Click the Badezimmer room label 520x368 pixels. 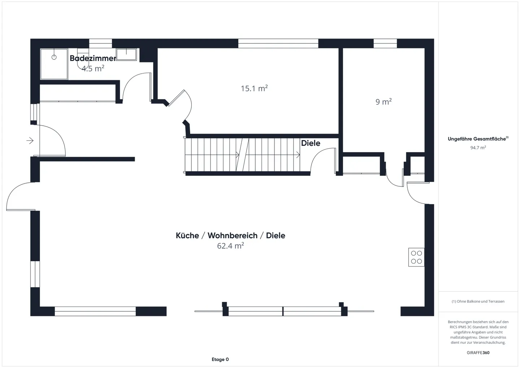pyautogui.click(x=93, y=58)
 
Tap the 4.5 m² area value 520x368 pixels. pyautogui.click(x=93, y=68)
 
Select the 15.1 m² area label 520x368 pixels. pyautogui.click(x=254, y=88)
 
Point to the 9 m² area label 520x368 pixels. pyautogui.click(x=383, y=102)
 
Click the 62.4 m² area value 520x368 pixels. pyautogui.click(x=230, y=246)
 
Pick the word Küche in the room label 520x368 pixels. pyautogui.click(x=187, y=235)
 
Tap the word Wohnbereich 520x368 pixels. pyautogui.click(x=233, y=235)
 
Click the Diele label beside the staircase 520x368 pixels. pyautogui.click(x=311, y=143)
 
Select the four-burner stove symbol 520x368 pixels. pyautogui.click(x=416, y=257)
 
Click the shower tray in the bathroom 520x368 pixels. pyautogui.click(x=54, y=64)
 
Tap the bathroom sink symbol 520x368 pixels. pyautogui.click(x=126, y=55)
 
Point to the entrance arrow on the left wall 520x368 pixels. pyautogui.click(x=30, y=140)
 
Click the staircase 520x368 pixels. pyautogui.click(x=242, y=155)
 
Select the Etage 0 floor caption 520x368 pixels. pyautogui.click(x=220, y=359)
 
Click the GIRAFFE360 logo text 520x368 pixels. pyautogui.click(x=478, y=352)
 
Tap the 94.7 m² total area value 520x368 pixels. pyautogui.click(x=478, y=148)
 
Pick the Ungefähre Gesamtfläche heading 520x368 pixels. pyautogui.click(x=477, y=139)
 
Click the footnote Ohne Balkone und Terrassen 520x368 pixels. pyautogui.click(x=478, y=301)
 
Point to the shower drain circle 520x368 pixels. pyautogui.click(x=54, y=57)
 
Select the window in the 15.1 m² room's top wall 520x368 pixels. pyautogui.click(x=278, y=44)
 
